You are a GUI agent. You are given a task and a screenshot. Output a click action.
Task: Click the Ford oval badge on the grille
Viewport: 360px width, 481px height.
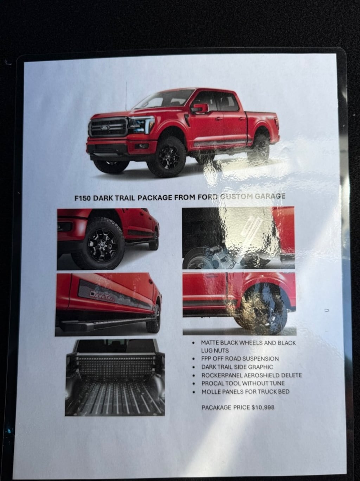point(105,127)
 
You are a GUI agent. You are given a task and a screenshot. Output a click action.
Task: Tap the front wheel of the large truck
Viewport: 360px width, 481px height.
point(166,157)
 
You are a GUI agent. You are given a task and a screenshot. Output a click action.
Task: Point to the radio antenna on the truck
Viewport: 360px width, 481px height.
point(126,96)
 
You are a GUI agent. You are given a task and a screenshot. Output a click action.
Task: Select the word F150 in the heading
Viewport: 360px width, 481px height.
point(83,198)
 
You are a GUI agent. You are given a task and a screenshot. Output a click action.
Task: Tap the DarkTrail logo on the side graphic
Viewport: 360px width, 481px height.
point(103,296)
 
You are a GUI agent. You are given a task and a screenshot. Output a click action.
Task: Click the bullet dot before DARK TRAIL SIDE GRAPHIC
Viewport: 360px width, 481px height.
point(193,367)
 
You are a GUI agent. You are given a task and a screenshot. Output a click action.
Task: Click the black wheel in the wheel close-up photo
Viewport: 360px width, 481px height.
point(101,245)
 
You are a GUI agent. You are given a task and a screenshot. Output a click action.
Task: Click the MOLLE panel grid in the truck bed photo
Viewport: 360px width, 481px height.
point(115,363)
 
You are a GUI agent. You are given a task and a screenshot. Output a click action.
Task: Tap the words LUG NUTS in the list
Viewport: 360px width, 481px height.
point(212,350)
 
